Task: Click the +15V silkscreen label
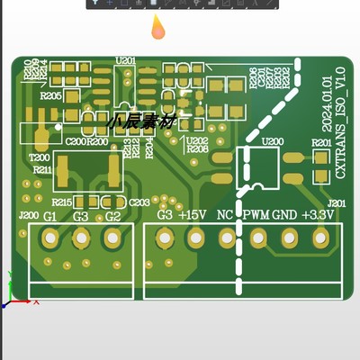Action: point(193,216)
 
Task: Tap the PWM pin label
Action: point(256,216)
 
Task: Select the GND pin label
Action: point(284,216)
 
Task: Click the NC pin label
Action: point(225,216)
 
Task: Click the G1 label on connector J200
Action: point(50,218)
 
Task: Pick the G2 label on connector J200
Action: point(112,218)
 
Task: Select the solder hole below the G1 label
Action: point(50,238)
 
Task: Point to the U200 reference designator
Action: point(271,142)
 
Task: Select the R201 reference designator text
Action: point(319,143)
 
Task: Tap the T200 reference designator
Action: point(40,157)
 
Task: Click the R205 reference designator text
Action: point(50,94)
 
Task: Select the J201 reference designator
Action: point(336,204)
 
